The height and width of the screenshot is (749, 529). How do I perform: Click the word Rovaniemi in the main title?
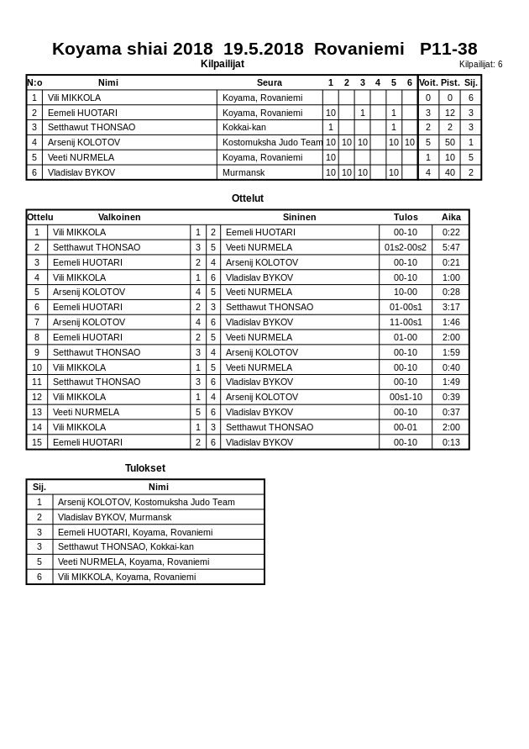point(359,49)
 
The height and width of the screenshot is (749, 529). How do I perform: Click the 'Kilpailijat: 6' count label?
point(480,65)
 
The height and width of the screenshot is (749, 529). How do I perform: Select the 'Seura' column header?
point(269,82)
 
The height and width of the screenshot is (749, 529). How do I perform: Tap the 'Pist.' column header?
point(450,82)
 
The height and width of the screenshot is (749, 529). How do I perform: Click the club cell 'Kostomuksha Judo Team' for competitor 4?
point(272,142)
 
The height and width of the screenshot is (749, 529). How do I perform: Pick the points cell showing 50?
point(450,142)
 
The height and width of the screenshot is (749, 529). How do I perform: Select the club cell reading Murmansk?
point(244,172)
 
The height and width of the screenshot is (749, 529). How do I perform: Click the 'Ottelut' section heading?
point(248,198)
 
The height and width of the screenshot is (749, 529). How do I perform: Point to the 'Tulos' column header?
point(406,217)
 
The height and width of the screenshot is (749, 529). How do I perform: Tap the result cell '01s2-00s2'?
point(406,247)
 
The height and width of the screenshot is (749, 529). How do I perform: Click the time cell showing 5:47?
point(451,247)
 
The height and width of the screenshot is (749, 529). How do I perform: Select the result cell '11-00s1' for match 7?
point(406,322)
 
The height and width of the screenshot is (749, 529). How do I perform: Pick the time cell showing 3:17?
point(451,307)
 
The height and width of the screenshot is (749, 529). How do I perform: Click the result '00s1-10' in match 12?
point(406,397)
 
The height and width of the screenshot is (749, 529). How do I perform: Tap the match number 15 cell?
point(37,442)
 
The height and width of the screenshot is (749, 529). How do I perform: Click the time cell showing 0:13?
point(451,442)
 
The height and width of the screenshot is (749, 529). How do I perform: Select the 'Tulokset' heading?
point(145,468)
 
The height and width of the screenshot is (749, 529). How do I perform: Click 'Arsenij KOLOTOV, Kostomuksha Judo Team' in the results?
point(146,502)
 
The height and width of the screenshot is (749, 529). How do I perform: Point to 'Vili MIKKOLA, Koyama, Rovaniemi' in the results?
point(126,577)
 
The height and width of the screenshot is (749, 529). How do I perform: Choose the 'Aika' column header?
point(451,217)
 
